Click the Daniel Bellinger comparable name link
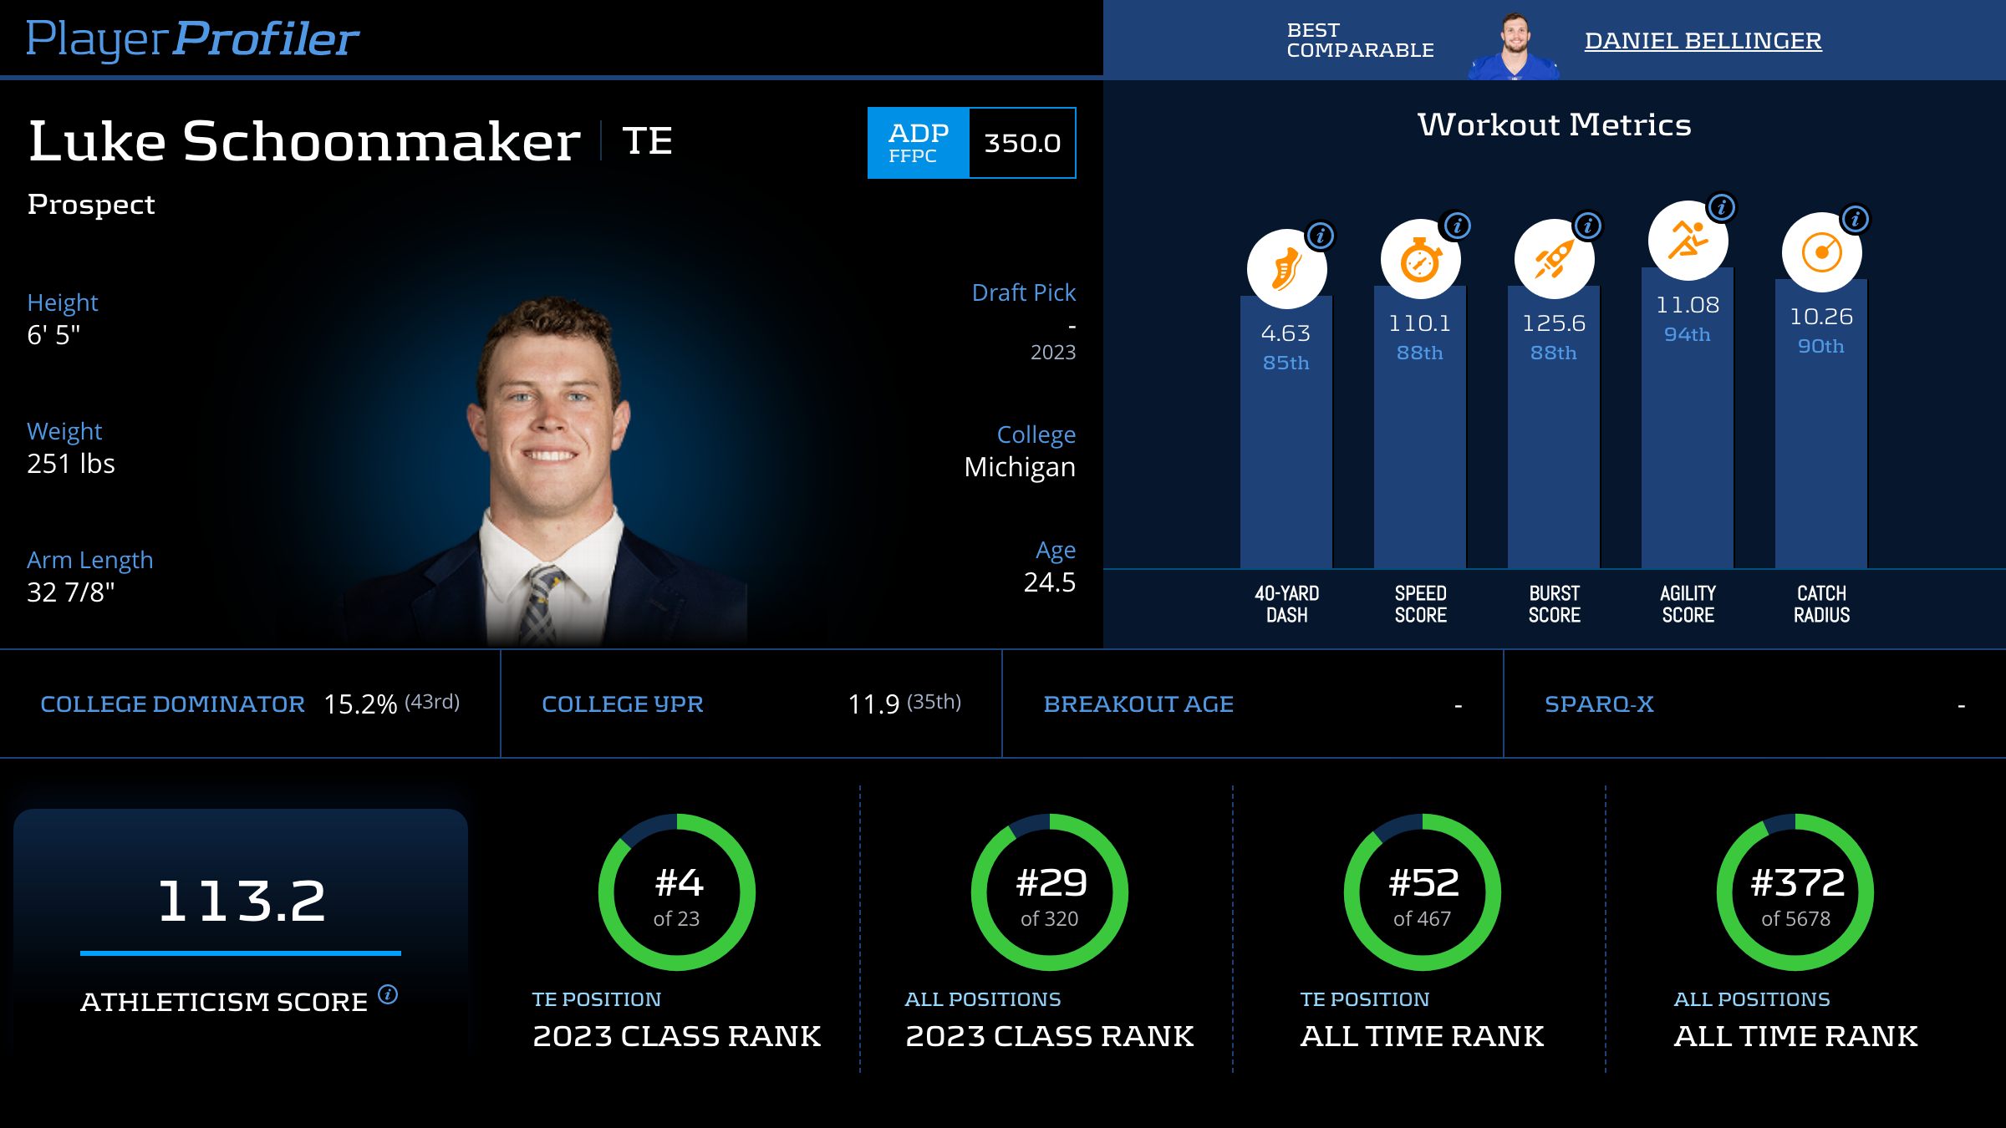click(1703, 40)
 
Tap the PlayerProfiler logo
click(192, 38)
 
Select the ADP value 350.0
click(1022, 143)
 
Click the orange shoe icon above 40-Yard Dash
click(1286, 269)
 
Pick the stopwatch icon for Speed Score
click(1420, 260)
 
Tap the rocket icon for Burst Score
click(1554, 259)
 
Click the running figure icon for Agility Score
click(1688, 241)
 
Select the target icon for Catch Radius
click(1821, 252)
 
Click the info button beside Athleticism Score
click(388, 994)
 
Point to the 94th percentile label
click(1688, 334)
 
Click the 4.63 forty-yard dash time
click(1286, 333)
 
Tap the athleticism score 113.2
click(242, 901)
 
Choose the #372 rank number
click(1797, 882)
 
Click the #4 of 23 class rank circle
click(677, 892)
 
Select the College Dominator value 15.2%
click(360, 704)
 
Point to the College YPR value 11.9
click(873, 704)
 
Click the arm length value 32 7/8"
click(71, 592)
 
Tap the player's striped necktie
click(542, 606)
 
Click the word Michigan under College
click(1020, 467)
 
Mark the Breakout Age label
click(1138, 704)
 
